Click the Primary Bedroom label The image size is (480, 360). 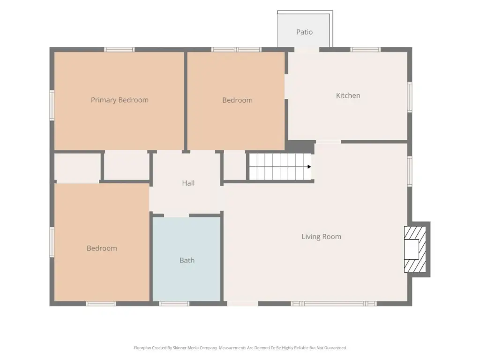click(120, 100)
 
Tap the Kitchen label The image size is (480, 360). click(348, 96)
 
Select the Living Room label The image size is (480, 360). click(322, 237)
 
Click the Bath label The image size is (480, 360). click(187, 260)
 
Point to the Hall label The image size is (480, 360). click(188, 183)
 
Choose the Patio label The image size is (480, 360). click(304, 32)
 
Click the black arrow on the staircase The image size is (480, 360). click(309, 167)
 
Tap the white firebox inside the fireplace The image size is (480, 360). click(411, 249)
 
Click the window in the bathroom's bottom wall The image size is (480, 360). click(174, 304)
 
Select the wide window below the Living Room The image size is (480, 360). click(334, 304)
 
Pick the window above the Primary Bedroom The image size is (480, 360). click(120, 50)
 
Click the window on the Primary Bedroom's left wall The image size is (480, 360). click(52, 105)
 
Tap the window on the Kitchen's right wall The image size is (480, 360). click(410, 97)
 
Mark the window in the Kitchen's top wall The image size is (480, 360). click(366, 50)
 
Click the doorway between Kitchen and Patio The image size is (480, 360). click(307, 50)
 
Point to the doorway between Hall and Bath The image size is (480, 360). click(177, 216)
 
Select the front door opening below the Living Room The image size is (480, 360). click(243, 304)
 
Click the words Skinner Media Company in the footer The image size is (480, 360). click(195, 348)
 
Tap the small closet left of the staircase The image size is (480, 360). click(235, 165)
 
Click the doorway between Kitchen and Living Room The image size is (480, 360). click(328, 142)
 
